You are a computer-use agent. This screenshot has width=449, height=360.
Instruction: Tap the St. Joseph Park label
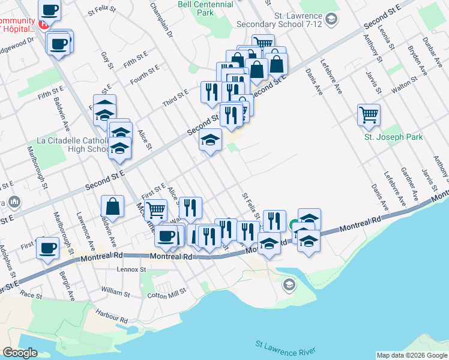click(393, 137)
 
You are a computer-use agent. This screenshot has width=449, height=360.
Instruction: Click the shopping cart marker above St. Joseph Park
click(369, 115)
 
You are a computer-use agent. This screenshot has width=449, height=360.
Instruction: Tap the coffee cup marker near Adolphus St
click(48, 248)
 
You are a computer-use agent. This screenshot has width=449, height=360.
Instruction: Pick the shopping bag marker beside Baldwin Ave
click(113, 207)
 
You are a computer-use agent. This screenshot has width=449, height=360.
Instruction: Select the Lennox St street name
click(131, 270)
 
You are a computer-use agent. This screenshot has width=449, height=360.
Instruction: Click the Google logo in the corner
click(20, 352)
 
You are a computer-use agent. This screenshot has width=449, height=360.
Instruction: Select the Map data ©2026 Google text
click(412, 355)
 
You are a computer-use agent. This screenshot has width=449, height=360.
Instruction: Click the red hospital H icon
click(43, 24)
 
